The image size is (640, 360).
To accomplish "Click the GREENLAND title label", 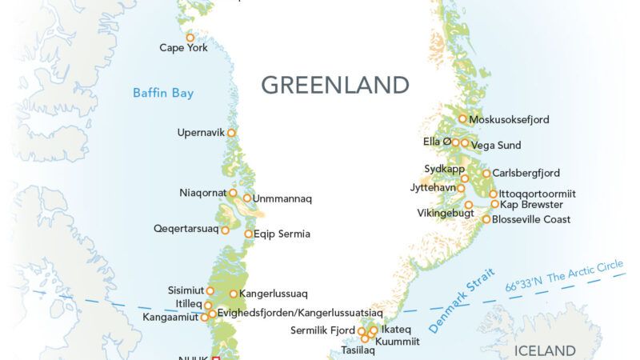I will pos(335,85).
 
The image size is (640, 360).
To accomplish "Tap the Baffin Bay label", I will pos(163,94).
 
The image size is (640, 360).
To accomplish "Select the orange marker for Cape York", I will pos(190,37).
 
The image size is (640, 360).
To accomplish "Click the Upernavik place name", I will pos(201,132).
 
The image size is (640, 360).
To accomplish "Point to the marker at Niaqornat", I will pos(233,193).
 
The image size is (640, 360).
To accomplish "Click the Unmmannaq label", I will pos(282,198).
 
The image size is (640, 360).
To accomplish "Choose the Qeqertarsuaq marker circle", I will pos(225,230).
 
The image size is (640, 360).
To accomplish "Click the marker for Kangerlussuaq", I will pos(234,294).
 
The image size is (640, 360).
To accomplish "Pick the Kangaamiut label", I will pos(170,318).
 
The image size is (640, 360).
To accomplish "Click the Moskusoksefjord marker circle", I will pos(462,119).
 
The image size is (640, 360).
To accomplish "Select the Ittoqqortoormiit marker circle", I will pos(494,194).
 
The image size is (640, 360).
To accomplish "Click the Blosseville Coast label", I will pos(531,219).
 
